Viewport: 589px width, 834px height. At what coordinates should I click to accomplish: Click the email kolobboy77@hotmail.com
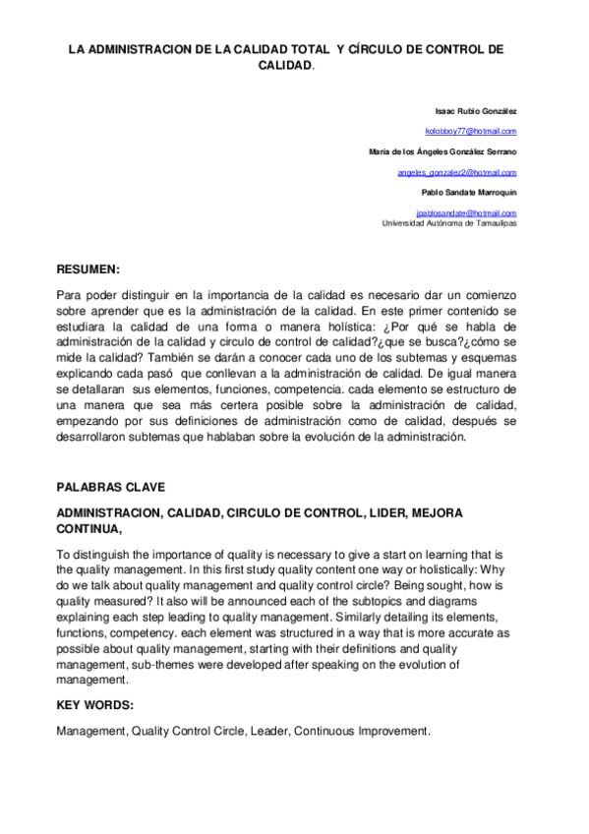(x=470, y=131)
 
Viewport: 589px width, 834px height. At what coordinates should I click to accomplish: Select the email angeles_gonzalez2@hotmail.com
(x=456, y=172)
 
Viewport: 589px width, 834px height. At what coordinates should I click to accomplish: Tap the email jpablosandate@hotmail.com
(x=466, y=212)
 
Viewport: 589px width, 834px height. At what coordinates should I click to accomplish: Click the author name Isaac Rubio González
(x=475, y=111)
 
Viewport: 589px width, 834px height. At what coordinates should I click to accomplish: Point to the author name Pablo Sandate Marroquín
(x=468, y=192)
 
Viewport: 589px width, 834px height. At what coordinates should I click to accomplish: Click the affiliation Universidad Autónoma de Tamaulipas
(x=448, y=223)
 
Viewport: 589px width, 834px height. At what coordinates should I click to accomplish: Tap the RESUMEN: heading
(x=88, y=268)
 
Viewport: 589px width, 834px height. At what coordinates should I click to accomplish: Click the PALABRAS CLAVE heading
(x=110, y=487)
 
